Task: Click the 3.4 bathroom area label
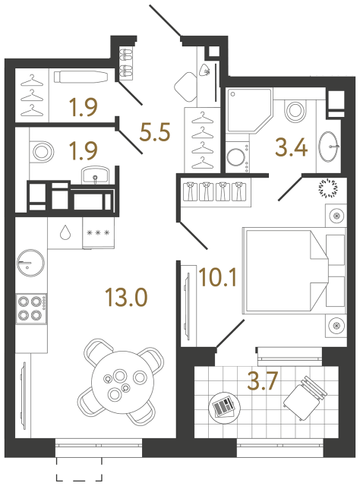(292, 147)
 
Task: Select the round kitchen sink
(30, 262)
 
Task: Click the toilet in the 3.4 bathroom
(292, 111)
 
